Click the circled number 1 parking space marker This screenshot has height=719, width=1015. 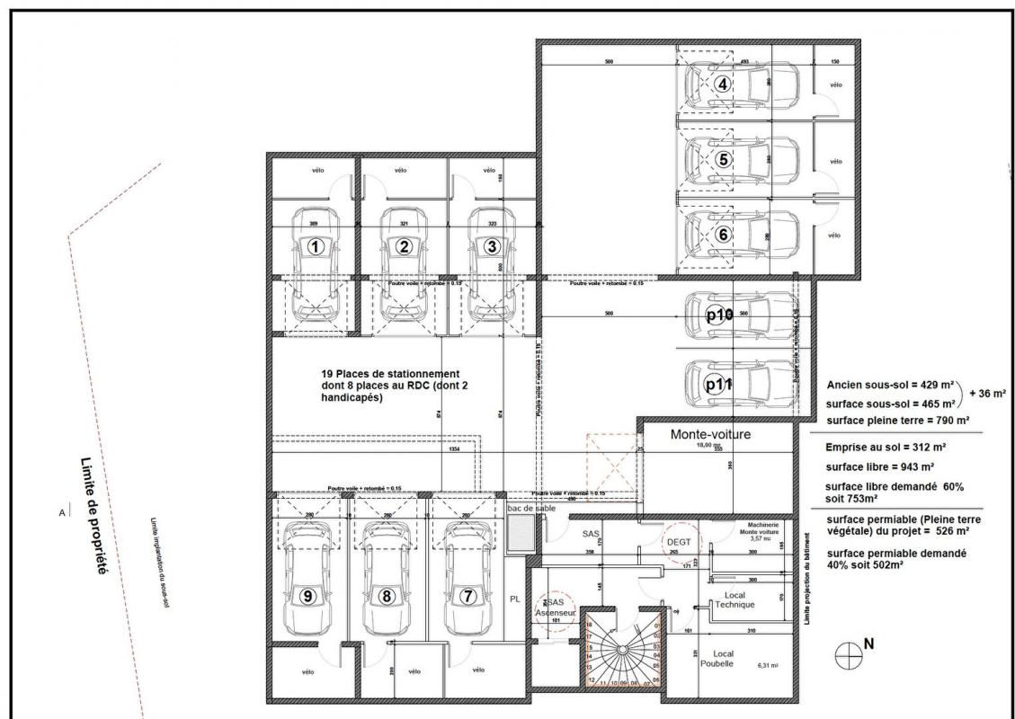(x=315, y=246)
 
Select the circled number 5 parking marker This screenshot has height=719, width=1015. (x=725, y=158)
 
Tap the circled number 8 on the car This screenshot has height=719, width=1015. (x=387, y=595)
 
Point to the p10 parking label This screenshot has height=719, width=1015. (x=719, y=315)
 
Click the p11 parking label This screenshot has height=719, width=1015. (x=719, y=384)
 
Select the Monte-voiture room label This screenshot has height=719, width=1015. (x=710, y=434)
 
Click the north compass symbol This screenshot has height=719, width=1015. (x=849, y=656)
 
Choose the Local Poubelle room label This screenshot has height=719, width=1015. (x=723, y=658)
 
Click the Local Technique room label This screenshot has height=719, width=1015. (x=735, y=600)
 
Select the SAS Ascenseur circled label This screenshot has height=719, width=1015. (x=548, y=608)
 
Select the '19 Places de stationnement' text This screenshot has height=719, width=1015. (x=390, y=374)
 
